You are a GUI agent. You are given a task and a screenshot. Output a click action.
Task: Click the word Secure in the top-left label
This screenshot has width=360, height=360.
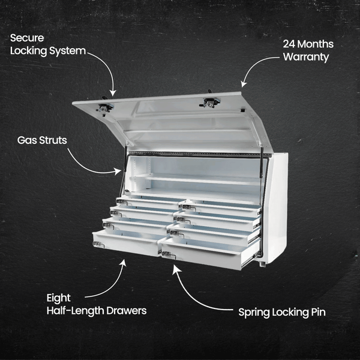27,37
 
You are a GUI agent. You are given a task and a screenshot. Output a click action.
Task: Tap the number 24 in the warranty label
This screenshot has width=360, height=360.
290,44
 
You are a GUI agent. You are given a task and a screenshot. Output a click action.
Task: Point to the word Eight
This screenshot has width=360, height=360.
58,298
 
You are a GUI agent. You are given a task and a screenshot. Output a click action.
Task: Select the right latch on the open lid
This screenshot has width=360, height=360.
210,102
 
